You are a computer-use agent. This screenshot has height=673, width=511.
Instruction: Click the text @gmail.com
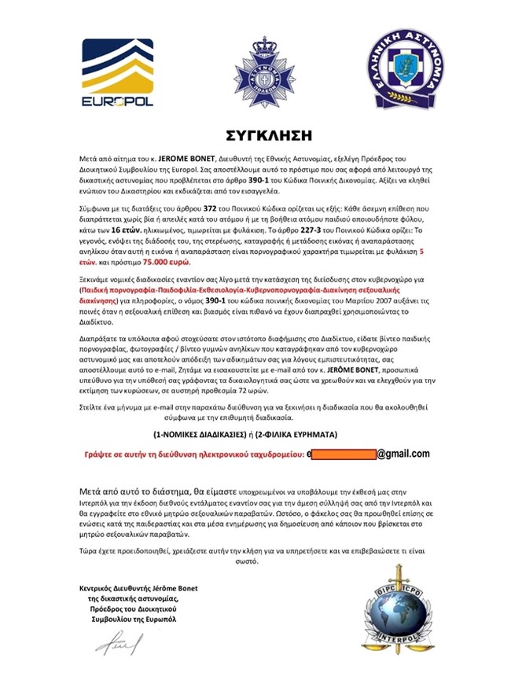[403, 454]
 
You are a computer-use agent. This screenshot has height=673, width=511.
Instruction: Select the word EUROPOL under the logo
[118, 101]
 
